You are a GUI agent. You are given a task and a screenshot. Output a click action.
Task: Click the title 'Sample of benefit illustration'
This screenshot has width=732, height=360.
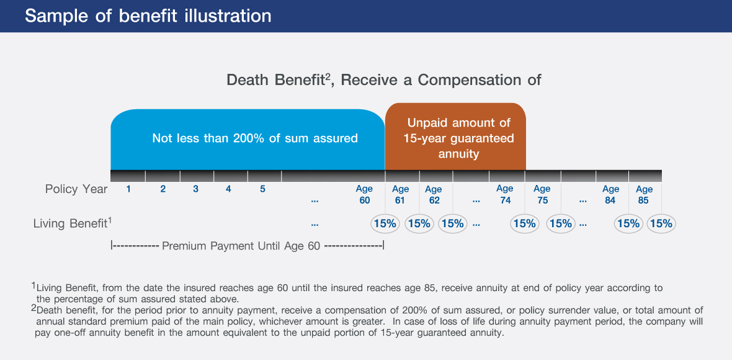[x=148, y=16]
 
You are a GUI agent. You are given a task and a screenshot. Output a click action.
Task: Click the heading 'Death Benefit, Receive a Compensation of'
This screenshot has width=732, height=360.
[x=384, y=80]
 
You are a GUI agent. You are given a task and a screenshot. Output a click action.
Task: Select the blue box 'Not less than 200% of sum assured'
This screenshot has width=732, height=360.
[x=248, y=140]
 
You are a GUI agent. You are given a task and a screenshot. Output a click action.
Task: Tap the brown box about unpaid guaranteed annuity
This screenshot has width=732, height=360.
[x=455, y=137]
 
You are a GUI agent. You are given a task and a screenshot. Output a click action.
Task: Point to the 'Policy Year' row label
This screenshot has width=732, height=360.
[x=76, y=189]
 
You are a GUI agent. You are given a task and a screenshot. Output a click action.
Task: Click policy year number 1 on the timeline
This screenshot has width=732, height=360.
[x=128, y=189]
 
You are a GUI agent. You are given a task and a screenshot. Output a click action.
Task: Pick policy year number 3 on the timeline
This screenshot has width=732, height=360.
[x=195, y=189]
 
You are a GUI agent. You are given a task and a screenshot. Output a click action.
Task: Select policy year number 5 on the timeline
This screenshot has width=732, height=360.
[x=263, y=189]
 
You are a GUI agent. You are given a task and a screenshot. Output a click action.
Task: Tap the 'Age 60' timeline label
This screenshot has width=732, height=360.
[x=364, y=195]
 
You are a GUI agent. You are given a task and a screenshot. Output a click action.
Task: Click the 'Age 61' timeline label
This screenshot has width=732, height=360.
[x=401, y=195]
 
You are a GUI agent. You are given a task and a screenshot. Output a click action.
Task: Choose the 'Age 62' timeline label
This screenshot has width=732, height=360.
[x=433, y=195]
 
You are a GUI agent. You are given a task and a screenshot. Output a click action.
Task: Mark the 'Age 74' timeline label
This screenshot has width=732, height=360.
[x=505, y=195]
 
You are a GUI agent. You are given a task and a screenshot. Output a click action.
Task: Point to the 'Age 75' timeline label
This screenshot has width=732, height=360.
[x=542, y=195]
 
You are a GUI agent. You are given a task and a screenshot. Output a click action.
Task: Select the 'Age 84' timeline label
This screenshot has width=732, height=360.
[x=610, y=195]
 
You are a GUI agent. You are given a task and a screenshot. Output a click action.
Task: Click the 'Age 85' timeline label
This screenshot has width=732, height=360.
[x=645, y=195]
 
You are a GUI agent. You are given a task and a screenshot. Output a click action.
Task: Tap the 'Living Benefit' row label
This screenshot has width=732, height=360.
[x=73, y=223]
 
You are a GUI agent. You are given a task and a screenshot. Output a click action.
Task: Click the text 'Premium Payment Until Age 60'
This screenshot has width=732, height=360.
[x=241, y=246]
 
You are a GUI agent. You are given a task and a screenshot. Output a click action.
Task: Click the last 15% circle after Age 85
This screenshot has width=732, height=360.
[x=661, y=223]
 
